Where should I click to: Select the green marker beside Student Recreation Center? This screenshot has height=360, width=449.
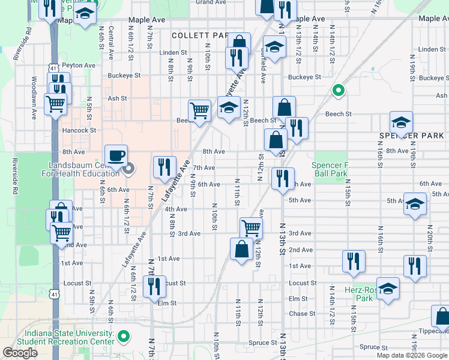pyautogui.click(x=124, y=337)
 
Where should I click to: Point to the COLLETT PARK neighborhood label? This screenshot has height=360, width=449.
pyautogui.click(x=199, y=36)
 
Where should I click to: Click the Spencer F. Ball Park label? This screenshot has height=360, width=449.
pyautogui.click(x=330, y=169)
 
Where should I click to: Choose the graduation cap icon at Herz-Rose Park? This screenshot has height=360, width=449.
pyautogui.click(x=388, y=288)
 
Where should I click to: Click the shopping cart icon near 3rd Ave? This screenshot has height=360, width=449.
pyautogui.click(x=251, y=227)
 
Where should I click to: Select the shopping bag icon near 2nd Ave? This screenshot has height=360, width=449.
pyautogui.click(x=241, y=248)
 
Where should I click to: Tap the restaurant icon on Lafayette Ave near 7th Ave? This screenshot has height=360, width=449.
pyautogui.click(x=164, y=167)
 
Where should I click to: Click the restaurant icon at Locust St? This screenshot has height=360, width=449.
pyautogui.click(x=155, y=286)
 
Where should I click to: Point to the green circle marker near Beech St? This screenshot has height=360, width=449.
pyautogui.click(x=338, y=91)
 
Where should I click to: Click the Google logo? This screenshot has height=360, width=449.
pyautogui.click(x=20, y=353)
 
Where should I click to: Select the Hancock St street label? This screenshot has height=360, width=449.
pyautogui.click(x=78, y=130)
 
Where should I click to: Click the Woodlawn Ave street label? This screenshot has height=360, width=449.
pyautogui.click(x=35, y=95)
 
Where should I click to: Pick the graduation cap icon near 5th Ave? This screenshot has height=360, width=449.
pyautogui.click(x=415, y=203)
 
